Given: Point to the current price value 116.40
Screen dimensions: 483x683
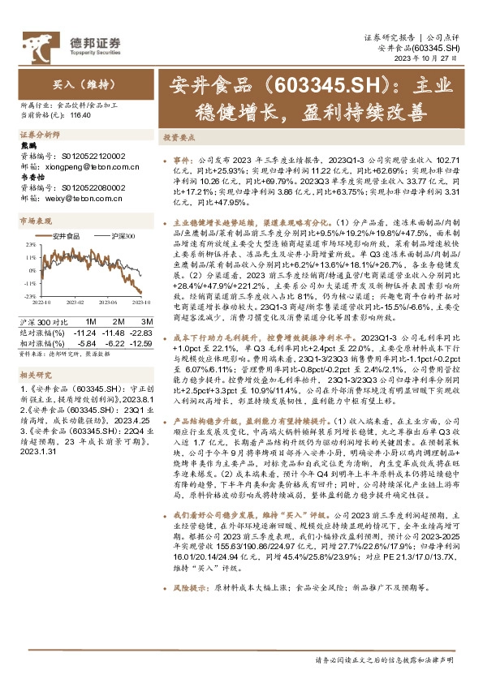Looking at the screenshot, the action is (x=81, y=117).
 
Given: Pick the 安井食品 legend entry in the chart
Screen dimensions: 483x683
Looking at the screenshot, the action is (x=63, y=235).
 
